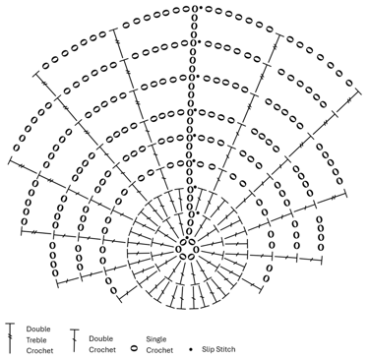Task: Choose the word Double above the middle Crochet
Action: point(100,337)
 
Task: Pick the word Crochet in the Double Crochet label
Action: point(103,349)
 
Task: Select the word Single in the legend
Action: point(156,337)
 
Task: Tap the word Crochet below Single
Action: point(159,349)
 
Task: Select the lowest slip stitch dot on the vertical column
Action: point(197,212)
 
